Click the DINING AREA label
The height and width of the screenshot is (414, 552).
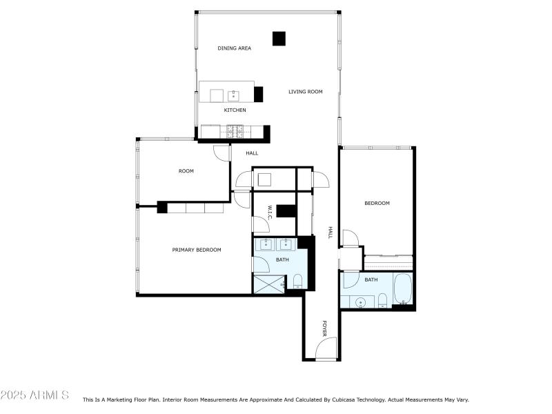coord(235,48)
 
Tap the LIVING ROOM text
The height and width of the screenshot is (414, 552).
coord(306,91)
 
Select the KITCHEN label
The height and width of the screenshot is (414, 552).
coord(235,110)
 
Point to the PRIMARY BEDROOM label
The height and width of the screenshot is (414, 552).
coord(197,250)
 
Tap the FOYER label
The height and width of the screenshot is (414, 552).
coord(324,329)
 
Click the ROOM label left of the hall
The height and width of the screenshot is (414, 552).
coord(186,171)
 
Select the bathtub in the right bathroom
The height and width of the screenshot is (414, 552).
coord(403,288)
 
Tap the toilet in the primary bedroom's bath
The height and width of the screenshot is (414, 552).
coord(298,280)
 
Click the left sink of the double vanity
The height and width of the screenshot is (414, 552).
coord(266,244)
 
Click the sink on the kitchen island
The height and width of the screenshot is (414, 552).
coord(233,95)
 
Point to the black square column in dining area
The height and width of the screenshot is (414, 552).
coord(279,39)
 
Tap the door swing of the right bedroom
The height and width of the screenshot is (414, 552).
coord(351,238)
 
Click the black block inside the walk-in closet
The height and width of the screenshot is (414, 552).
coord(286,211)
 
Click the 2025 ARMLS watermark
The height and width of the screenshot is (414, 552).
coord(34,395)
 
